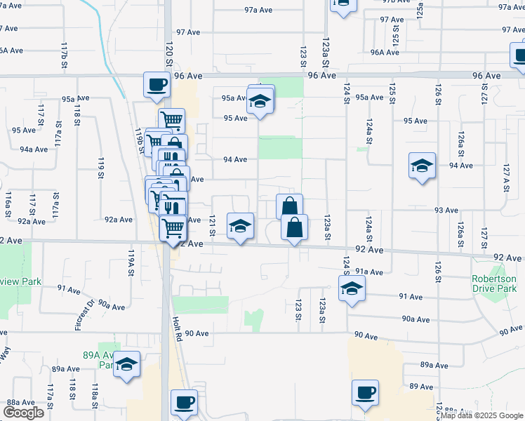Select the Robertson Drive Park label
click(493, 283)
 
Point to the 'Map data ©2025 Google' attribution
click(481, 416)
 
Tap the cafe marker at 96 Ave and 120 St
click(157, 86)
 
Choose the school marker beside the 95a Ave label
click(260, 102)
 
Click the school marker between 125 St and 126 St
click(422, 167)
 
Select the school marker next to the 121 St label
click(240, 227)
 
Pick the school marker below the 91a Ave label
click(352, 288)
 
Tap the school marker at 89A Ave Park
click(126, 366)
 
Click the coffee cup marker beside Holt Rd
click(184, 403)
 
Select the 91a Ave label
click(369, 272)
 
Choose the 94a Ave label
click(33, 149)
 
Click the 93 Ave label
click(446, 210)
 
